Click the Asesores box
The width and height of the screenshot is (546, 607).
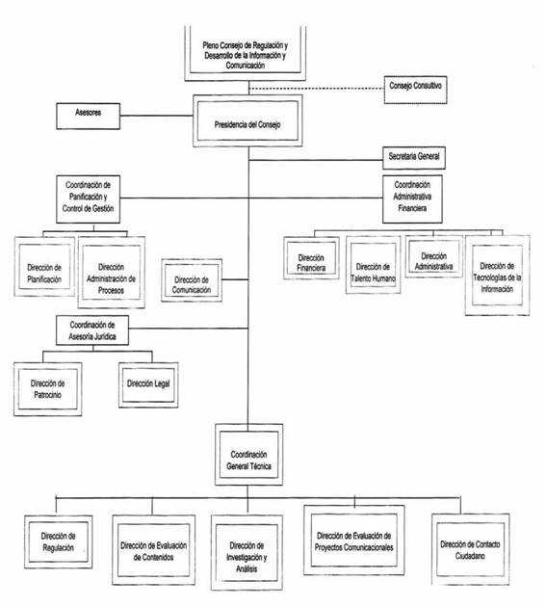click(x=89, y=116)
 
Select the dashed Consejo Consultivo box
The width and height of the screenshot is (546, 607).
click(x=416, y=90)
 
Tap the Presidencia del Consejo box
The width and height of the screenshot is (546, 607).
click(x=247, y=120)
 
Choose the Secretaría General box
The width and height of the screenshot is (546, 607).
click(x=414, y=158)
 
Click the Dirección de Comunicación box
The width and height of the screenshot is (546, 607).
click(x=192, y=280)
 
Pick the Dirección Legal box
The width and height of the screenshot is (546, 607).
click(x=148, y=385)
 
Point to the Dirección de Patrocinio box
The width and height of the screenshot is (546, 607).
click(x=47, y=389)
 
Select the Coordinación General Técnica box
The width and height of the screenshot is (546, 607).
click(x=248, y=455)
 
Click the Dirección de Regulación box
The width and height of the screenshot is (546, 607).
click(x=59, y=541)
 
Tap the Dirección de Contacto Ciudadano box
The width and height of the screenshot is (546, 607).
click(x=470, y=549)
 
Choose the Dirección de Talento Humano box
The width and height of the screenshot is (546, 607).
click(x=373, y=265)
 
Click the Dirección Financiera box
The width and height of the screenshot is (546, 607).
click(x=311, y=258)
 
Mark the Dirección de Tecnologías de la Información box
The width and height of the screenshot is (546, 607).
click(x=497, y=276)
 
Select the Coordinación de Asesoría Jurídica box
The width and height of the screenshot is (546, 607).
click(x=92, y=330)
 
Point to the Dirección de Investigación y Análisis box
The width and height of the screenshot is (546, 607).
click(x=247, y=552)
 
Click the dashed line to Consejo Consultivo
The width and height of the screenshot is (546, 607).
click(x=317, y=89)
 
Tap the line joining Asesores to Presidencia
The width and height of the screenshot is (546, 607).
click(x=156, y=116)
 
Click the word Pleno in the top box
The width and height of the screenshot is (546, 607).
click(x=211, y=45)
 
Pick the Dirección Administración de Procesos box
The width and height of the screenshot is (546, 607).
click(x=112, y=273)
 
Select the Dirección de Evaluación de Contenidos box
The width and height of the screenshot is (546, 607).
click(x=154, y=550)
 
